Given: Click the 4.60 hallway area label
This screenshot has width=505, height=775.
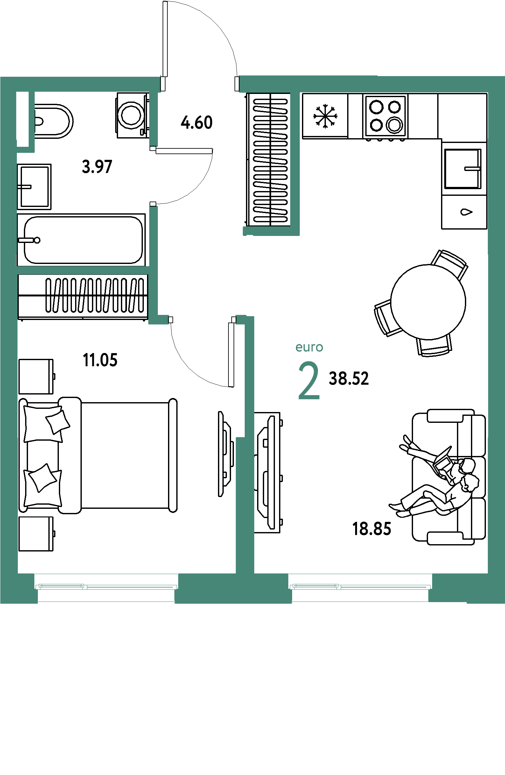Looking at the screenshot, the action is (197, 123).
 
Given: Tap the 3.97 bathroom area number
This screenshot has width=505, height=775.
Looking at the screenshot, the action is (97, 167).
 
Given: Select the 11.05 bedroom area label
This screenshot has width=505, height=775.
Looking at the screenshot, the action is (100, 360).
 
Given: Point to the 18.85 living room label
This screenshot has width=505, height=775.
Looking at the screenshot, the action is (372, 529).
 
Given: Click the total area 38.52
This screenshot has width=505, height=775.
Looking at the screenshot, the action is (349, 379).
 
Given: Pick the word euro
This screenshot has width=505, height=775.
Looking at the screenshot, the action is (309, 347).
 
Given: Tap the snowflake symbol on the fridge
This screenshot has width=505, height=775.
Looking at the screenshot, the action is (325, 116).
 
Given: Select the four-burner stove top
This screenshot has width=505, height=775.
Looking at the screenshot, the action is (385, 116).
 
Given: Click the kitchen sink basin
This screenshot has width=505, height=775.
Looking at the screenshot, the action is (463, 169).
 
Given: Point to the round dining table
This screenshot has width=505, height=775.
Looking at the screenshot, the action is (428, 302).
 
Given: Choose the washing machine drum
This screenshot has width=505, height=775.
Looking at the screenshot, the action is (131, 115).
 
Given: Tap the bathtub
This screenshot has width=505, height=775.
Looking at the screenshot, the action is (81, 240).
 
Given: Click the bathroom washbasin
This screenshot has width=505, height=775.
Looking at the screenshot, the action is (34, 187).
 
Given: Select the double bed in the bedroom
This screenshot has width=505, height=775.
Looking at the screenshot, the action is (98, 455).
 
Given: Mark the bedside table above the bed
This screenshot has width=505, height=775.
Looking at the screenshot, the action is (36, 376).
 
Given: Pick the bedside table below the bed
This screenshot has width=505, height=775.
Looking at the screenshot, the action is (36, 534).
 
